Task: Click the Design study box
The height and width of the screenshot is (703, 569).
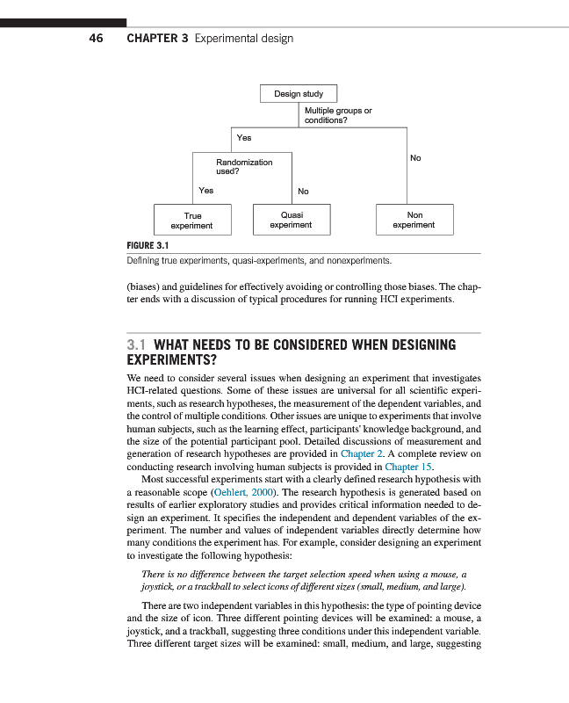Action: [x=299, y=94]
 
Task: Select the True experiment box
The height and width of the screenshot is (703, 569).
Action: [x=192, y=220]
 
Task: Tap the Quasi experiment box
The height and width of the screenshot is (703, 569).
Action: [x=291, y=220]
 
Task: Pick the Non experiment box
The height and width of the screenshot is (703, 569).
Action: [x=414, y=220]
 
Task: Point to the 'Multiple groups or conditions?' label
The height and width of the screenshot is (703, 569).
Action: [x=338, y=115]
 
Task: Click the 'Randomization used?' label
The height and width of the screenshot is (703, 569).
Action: [x=244, y=167]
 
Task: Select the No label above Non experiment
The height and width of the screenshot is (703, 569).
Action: [x=415, y=158]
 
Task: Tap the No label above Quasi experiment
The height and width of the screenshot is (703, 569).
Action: [x=303, y=191]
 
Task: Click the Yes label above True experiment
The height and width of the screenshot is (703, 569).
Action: [x=206, y=190]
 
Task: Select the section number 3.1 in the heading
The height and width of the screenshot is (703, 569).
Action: [x=138, y=345]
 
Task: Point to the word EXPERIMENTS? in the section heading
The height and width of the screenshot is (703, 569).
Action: [x=171, y=360]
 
